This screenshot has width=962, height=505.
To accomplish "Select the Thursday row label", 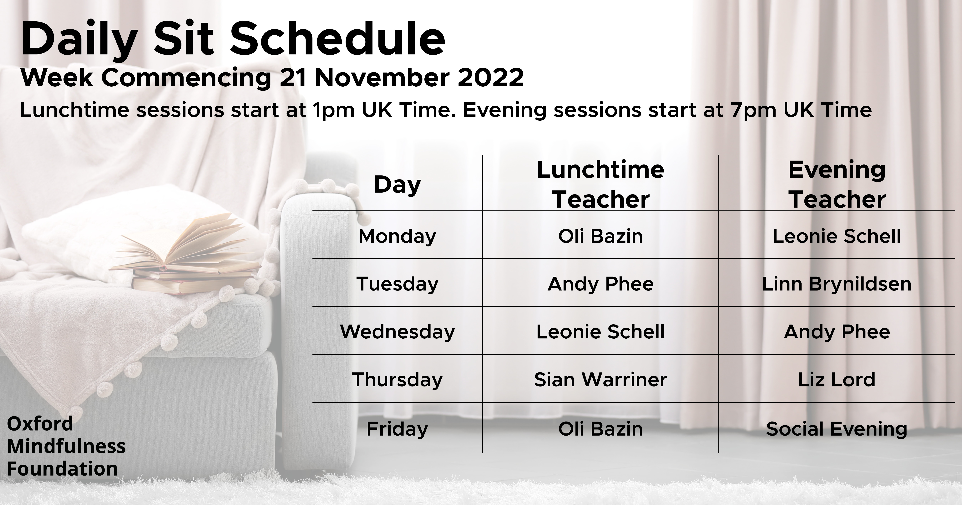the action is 397,380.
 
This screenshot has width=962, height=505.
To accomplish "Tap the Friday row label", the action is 397,429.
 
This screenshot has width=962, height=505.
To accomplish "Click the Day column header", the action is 397,185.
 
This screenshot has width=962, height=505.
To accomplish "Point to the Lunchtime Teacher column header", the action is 600,184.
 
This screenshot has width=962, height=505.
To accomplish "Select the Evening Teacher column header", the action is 837,184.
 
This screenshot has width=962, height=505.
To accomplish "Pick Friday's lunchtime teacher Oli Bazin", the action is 600,429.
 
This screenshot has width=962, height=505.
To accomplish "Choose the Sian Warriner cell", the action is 600,380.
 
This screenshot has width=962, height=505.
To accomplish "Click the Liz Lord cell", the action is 837,380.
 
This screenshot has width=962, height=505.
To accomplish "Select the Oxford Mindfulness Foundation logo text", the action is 66,446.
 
